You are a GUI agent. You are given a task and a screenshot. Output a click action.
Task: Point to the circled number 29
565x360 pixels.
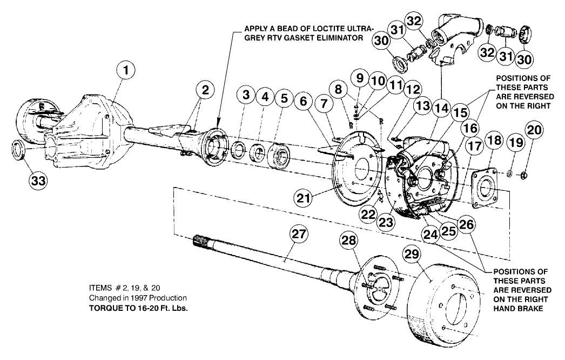(414, 254)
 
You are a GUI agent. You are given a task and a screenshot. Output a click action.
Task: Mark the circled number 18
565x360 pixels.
(493, 142)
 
